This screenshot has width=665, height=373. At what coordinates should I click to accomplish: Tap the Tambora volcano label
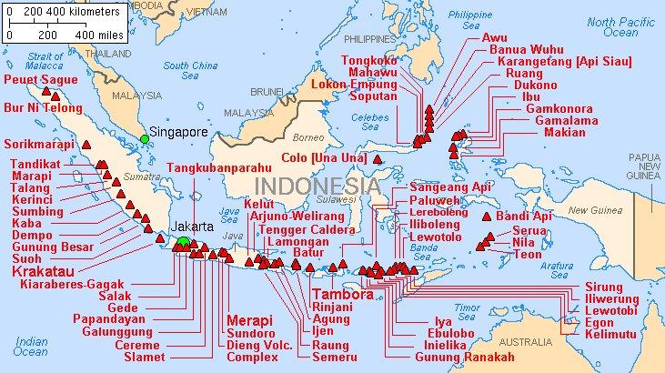point(342,295)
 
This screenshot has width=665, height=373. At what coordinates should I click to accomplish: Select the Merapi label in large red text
point(250,321)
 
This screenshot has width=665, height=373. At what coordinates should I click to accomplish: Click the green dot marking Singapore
point(144,139)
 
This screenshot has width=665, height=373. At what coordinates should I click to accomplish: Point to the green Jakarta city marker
point(183,241)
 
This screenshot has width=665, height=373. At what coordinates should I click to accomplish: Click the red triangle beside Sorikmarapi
point(87,144)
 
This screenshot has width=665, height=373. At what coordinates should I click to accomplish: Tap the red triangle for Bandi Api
point(488,217)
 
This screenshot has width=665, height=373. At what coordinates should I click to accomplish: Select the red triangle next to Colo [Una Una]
point(378,159)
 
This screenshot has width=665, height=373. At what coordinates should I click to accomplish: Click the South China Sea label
point(189,70)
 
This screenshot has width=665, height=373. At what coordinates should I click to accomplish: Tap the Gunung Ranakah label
point(464,357)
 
